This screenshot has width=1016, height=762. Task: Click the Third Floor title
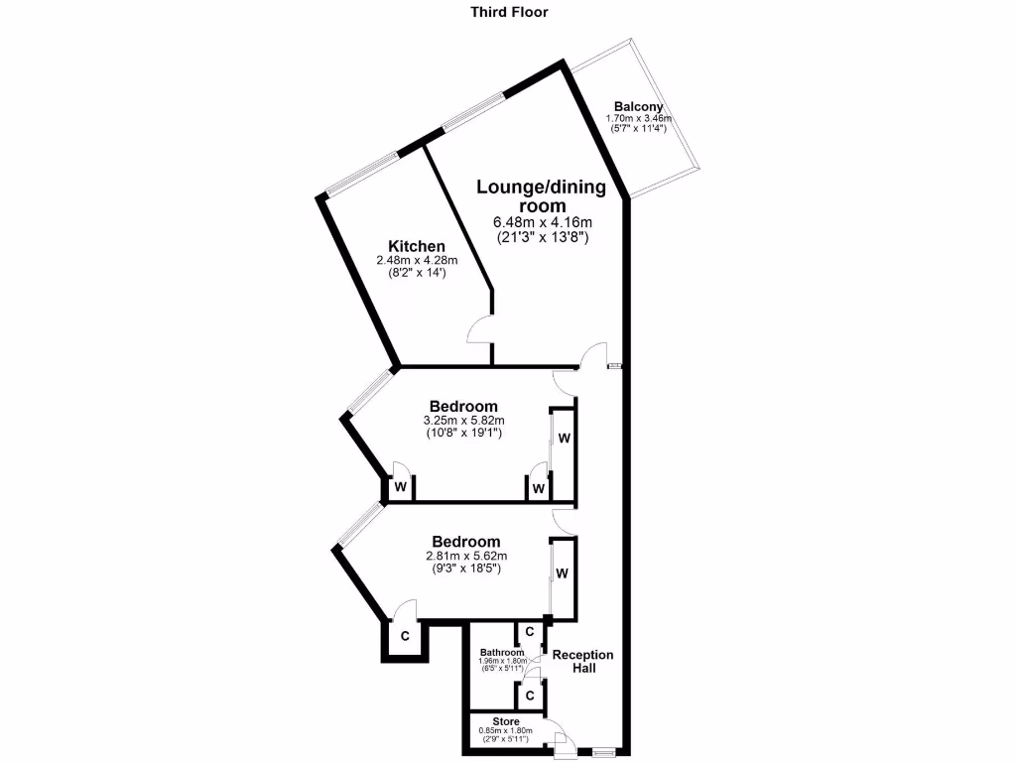(x=508, y=13)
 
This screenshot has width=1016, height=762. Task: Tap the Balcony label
(x=638, y=107)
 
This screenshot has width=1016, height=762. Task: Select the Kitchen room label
(x=417, y=246)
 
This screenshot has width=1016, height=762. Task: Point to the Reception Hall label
(x=582, y=661)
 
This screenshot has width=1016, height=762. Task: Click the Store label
(x=505, y=721)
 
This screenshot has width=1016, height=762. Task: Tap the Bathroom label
(x=500, y=652)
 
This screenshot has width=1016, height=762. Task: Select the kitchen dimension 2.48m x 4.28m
(x=417, y=261)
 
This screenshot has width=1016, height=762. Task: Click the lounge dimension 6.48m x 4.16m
(x=543, y=222)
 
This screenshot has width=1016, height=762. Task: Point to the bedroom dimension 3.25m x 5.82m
(x=463, y=420)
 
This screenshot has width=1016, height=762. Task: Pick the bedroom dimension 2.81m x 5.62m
(x=465, y=556)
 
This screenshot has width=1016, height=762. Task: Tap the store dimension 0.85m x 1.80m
(x=505, y=731)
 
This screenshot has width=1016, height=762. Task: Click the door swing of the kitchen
(x=479, y=330)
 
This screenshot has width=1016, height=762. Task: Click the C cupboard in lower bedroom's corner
(x=405, y=636)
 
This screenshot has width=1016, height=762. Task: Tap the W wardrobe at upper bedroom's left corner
(x=401, y=487)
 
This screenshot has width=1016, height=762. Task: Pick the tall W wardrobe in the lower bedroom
(x=563, y=573)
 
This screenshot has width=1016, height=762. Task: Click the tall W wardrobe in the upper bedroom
(x=563, y=438)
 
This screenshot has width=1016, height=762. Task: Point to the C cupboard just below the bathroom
(x=530, y=695)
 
